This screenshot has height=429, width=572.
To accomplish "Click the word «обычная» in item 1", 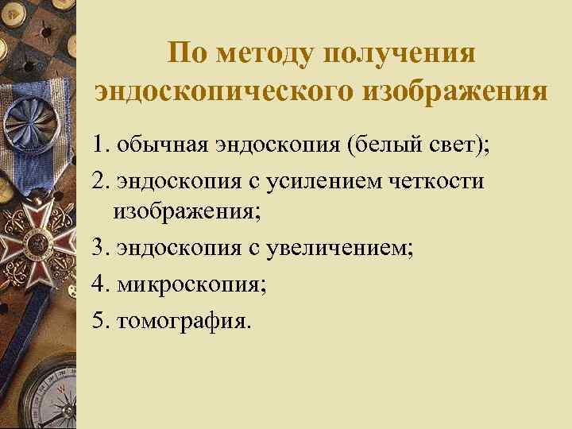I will click(161, 146).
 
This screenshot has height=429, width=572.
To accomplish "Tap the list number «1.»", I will click(101, 146).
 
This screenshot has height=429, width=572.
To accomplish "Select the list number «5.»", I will click(101, 319).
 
